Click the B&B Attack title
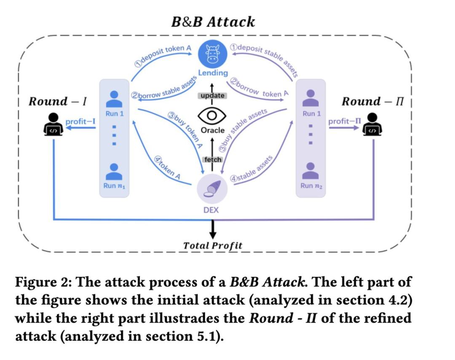pyautogui.click(x=213, y=22)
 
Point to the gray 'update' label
pyautogui.click(x=212, y=96)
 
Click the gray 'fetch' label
pyautogui.click(x=212, y=160)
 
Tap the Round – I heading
pyautogui.click(x=57, y=101)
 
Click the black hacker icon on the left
pyautogui.click(x=54, y=125)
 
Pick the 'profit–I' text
pyautogui.click(x=80, y=122)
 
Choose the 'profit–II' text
pyautogui.click(x=345, y=121)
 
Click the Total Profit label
pyautogui.click(x=213, y=245)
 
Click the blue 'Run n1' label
pyautogui.click(x=113, y=185)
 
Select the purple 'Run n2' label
pyautogui.click(x=312, y=185)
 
